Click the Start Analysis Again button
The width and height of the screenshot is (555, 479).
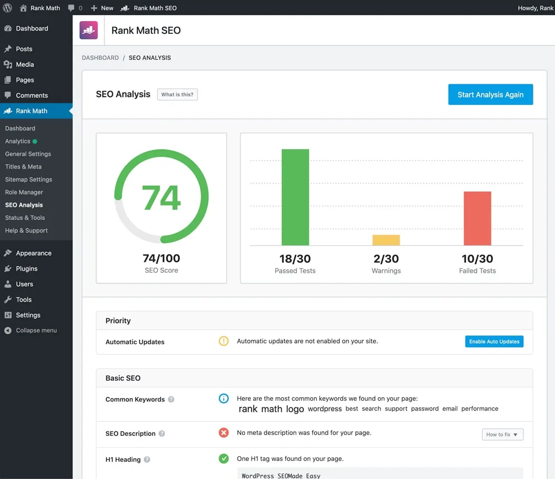(x=490, y=95)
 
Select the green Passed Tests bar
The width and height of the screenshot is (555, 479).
(x=295, y=197)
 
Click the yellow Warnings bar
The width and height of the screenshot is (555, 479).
(x=386, y=240)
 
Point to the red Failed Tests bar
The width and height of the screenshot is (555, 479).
(x=477, y=218)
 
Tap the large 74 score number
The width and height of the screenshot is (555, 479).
(x=162, y=198)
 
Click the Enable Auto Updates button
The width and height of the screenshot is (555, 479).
(x=494, y=342)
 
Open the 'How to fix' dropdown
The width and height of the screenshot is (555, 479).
(x=502, y=435)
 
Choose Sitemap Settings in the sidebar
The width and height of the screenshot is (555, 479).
(x=28, y=180)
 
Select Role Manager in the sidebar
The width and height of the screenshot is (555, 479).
(x=24, y=192)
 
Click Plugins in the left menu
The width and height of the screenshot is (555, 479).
(x=27, y=268)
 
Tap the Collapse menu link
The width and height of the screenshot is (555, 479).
(x=36, y=330)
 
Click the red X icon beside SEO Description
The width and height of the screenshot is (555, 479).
(x=224, y=432)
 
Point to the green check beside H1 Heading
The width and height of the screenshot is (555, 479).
(x=224, y=458)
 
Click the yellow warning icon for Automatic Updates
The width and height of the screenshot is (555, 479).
(x=224, y=342)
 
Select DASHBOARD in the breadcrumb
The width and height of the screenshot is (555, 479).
(x=100, y=58)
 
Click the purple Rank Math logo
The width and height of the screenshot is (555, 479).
(x=89, y=30)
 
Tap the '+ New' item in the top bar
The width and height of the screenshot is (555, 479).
(x=102, y=8)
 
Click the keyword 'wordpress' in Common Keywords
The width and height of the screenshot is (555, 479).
(x=325, y=409)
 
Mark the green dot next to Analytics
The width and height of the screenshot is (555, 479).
(x=35, y=141)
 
